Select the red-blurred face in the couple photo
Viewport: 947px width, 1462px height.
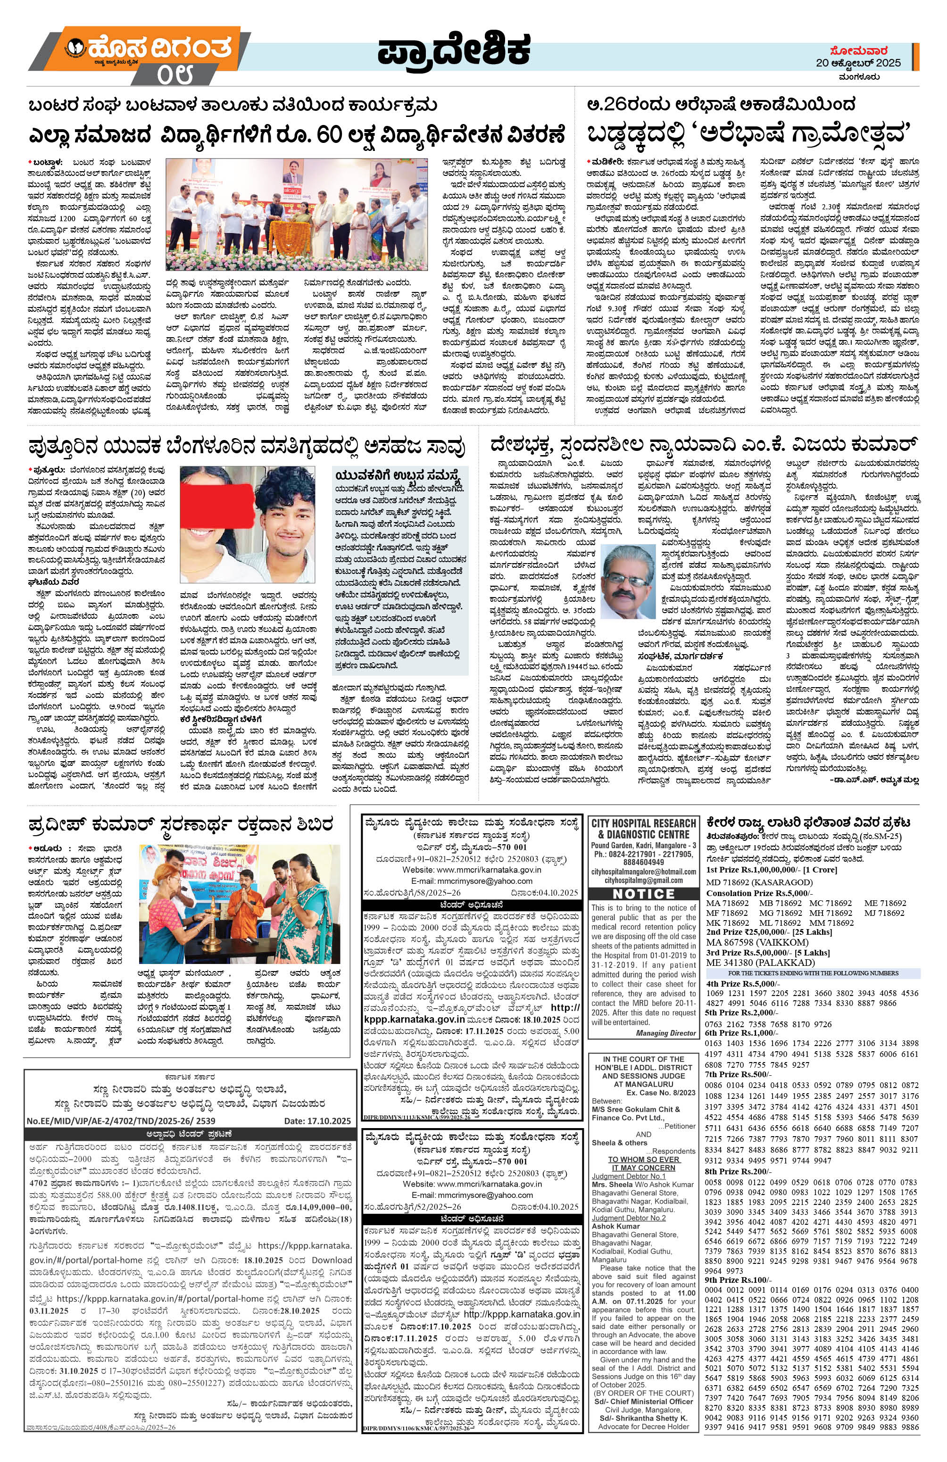tap(215, 499)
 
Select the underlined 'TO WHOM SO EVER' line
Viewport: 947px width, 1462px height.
tap(644, 1159)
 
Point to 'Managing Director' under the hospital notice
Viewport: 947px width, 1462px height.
tap(666, 1033)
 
